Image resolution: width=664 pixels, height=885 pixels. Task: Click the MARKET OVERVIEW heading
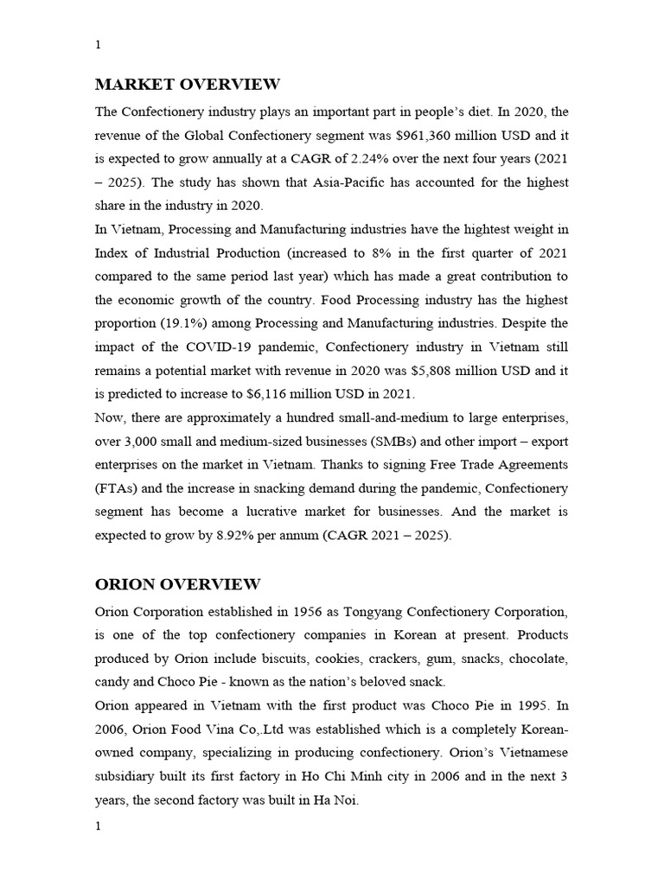(187, 85)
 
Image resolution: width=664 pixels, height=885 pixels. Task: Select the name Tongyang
(354, 612)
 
